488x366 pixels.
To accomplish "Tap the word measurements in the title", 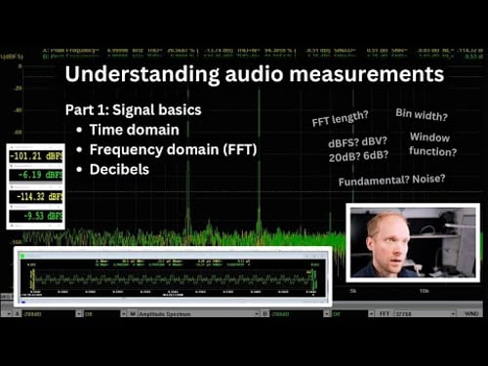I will tap(371, 75).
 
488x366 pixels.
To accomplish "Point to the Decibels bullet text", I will tap(122, 170).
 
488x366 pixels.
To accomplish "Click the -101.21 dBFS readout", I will tap(34, 155).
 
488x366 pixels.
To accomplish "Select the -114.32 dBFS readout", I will tap(34, 196).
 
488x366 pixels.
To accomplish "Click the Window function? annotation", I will tap(431, 144).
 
